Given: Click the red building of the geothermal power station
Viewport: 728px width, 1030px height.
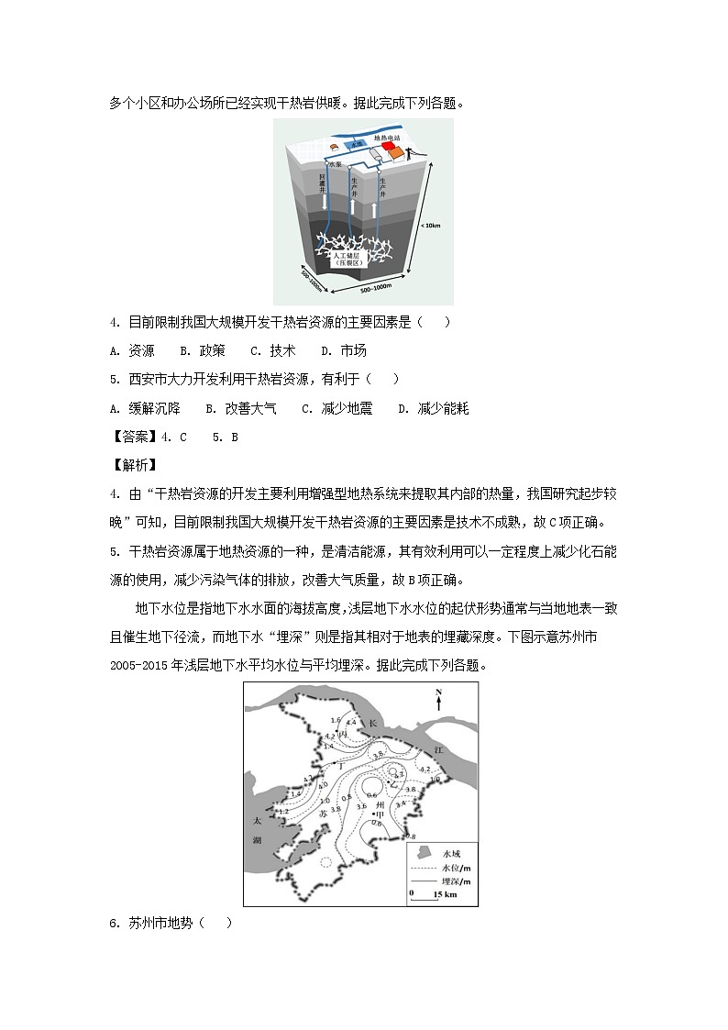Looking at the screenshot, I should pyautogui.click(x=392, y=147).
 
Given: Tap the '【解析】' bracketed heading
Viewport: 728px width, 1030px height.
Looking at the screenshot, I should pyautogui.click(x=134, y=466).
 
